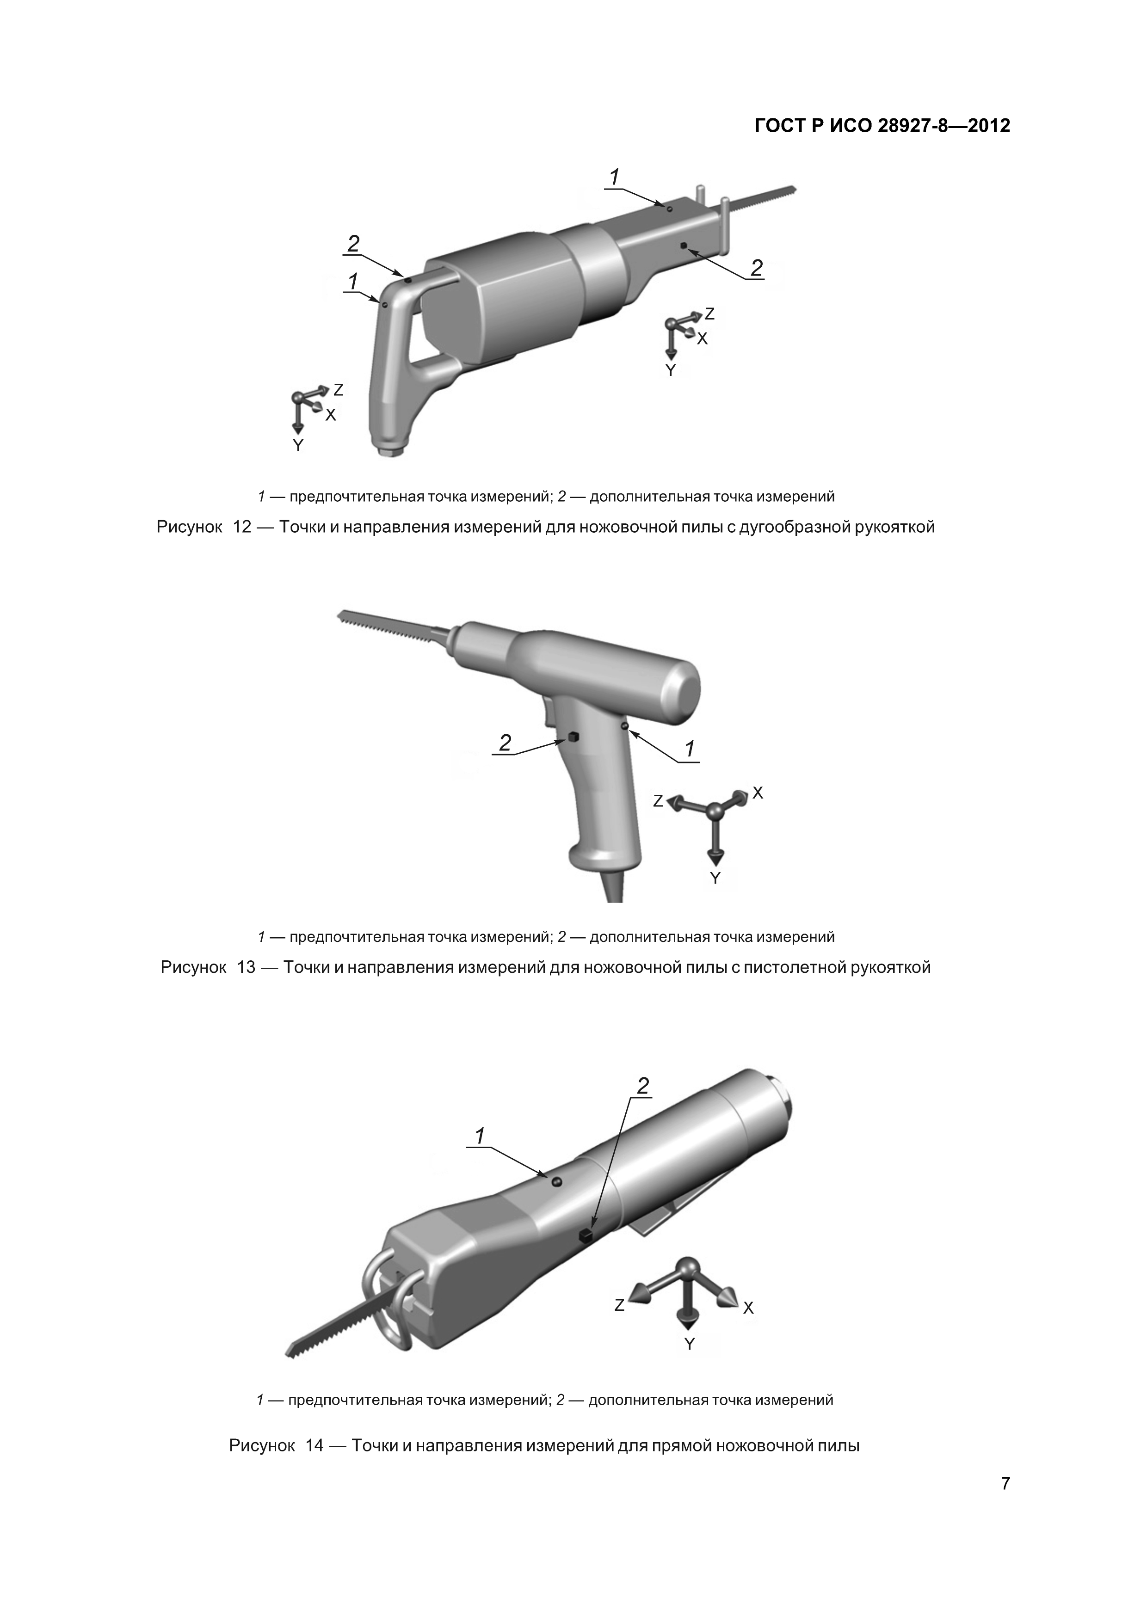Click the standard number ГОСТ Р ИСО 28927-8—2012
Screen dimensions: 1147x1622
882,126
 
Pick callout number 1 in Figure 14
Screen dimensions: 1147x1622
480,1136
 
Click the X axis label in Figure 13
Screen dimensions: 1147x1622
758,793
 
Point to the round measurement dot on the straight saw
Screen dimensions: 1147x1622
556,1183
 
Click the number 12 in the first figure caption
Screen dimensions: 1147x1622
242,527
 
